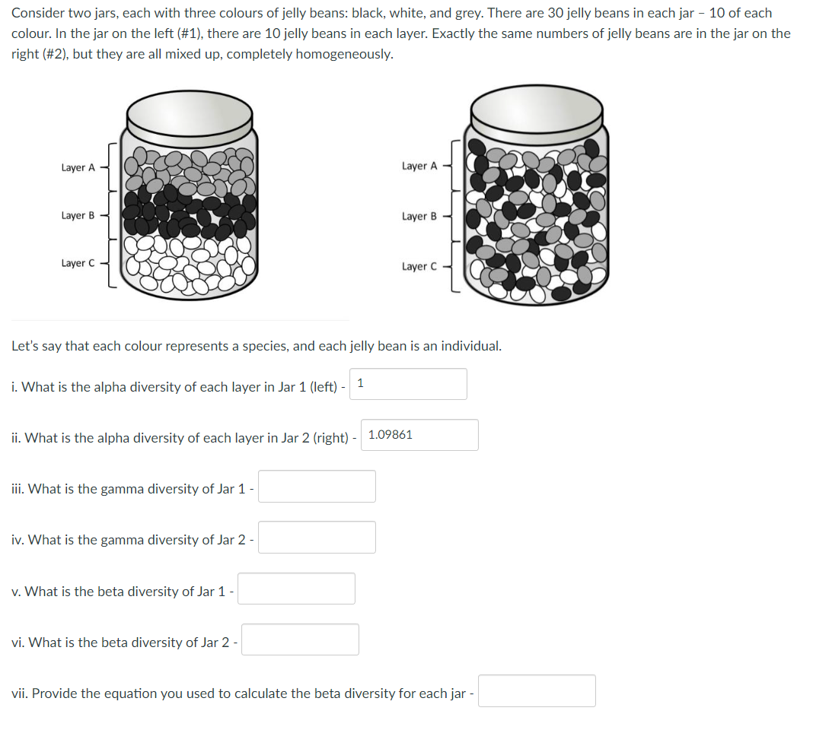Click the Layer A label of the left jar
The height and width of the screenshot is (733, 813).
point(78,167)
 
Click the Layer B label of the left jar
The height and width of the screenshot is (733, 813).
point(78,216)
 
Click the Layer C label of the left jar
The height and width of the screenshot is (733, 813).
point(78,263)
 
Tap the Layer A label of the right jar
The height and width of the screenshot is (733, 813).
point(419,166)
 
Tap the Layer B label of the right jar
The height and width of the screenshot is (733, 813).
point(419,217)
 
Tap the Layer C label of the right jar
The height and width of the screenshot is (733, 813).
point(419,266)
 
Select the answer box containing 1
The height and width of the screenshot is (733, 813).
point(409,384)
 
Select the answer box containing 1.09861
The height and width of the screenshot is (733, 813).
point(419,435)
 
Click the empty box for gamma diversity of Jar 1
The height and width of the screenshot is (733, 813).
point(317,487)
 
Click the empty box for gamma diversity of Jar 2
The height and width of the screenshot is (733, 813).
point(317,538)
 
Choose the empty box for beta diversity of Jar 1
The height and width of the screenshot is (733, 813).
point(296,589)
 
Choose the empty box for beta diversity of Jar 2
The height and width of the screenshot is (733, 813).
point(301,639)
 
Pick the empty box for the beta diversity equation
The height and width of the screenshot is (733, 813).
point(537,691)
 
